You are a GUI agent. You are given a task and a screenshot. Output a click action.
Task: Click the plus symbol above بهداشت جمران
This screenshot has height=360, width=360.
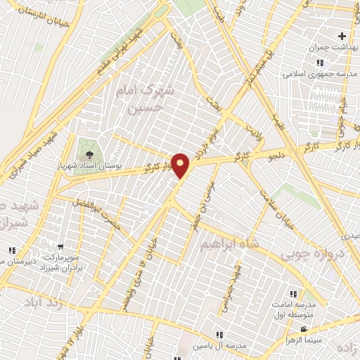point(342,36)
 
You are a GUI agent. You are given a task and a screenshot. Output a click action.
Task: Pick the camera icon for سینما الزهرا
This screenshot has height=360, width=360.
point(304,330)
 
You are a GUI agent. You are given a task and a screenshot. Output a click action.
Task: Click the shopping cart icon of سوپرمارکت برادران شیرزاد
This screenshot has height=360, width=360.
point(61,247)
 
